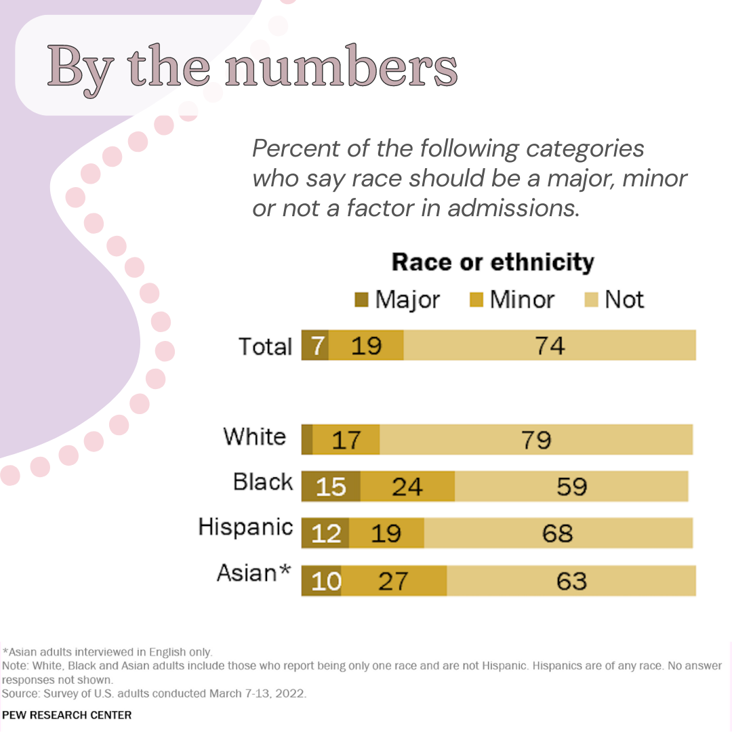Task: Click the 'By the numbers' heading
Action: [252, 66]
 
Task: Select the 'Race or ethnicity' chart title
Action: [493, 262]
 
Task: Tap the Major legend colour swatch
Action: [362, 300]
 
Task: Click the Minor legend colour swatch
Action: [476, 300]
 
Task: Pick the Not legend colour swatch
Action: [591, 300]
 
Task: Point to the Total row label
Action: [265, 346]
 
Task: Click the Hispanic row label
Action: [245, 527]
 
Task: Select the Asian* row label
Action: [253, 573]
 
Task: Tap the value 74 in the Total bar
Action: [549, 346]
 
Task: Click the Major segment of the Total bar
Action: [315, 346]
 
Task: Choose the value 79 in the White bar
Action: [536, 440]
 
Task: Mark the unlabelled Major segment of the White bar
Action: [307, 440]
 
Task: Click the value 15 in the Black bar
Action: [331, 487]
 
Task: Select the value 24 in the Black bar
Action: [407, 487]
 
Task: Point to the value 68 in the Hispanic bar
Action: [557, 533]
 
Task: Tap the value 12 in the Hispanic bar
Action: [326, 533]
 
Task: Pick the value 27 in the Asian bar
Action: [393, 582]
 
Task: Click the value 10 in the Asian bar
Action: [326, 582]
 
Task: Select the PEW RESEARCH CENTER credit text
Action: [67, 715]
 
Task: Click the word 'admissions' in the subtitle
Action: [512, 208]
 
